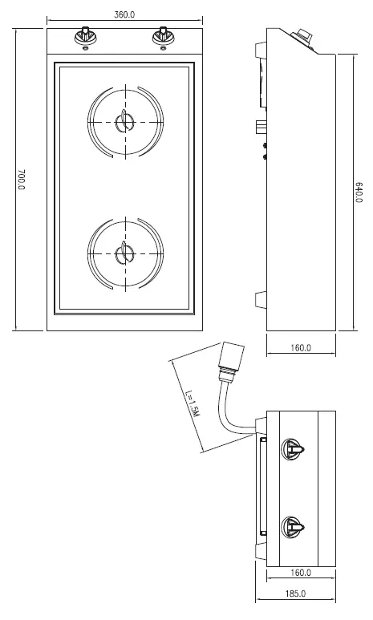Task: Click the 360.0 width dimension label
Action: click(124, 14)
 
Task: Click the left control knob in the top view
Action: click(85, 37)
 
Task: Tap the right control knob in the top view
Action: click(163, 37)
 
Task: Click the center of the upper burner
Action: click(124, 122)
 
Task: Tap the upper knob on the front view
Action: click(292, 449)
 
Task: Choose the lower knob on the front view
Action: click(292, 528)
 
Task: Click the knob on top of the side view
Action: click(304, 36)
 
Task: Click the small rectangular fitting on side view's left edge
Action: click(260, 127)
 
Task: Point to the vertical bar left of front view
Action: click(262, 488)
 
